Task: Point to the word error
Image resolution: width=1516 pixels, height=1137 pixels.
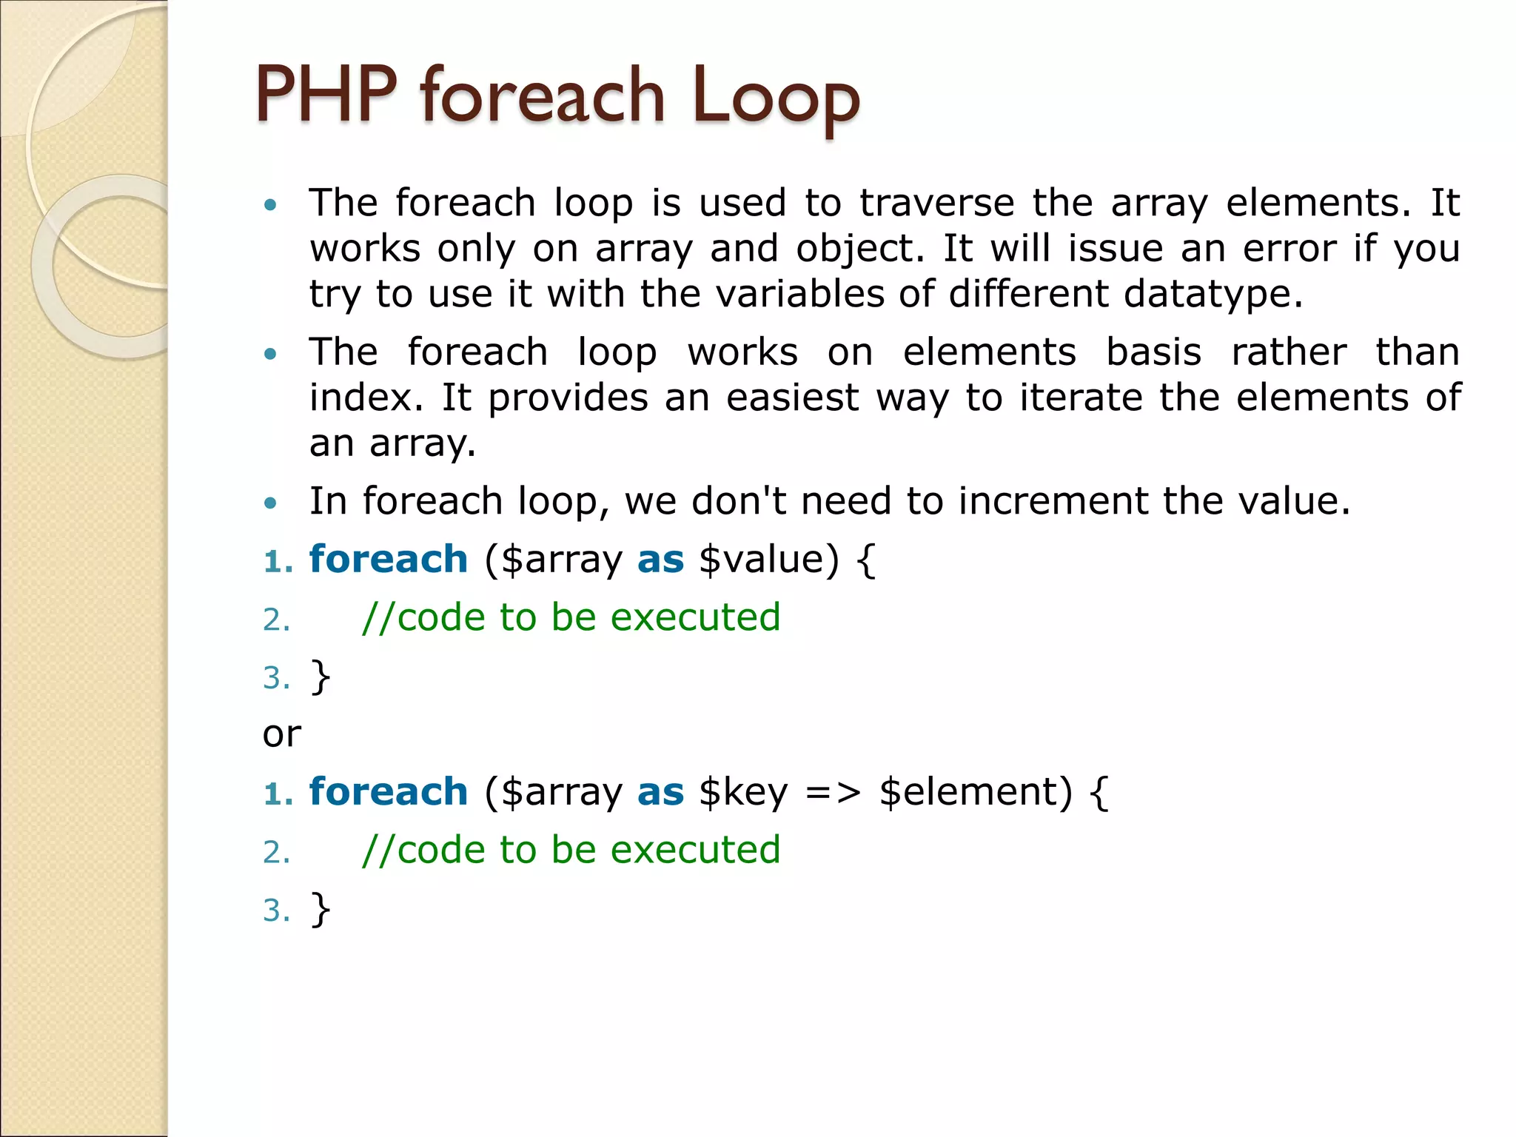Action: [x=1289, y=249]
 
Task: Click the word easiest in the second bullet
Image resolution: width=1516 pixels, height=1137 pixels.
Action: [x=792, y=398]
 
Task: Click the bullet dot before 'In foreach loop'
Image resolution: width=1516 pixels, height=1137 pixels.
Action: [x=271, y=503]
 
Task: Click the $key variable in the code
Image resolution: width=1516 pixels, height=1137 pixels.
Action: [x=742, y=792]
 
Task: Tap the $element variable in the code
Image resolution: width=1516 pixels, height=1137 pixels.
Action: [x=975, y=792]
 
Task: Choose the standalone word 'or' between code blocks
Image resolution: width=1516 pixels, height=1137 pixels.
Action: [x=281, y=734]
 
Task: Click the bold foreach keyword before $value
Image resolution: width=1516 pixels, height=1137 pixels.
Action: [x=388, y=560]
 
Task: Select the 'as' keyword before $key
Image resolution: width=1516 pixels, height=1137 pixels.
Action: [x=660, y=792]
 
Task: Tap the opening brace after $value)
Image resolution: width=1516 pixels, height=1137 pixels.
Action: [x=865, y=560]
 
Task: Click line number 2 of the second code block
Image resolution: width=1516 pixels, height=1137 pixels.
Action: [x=276, y=852]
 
